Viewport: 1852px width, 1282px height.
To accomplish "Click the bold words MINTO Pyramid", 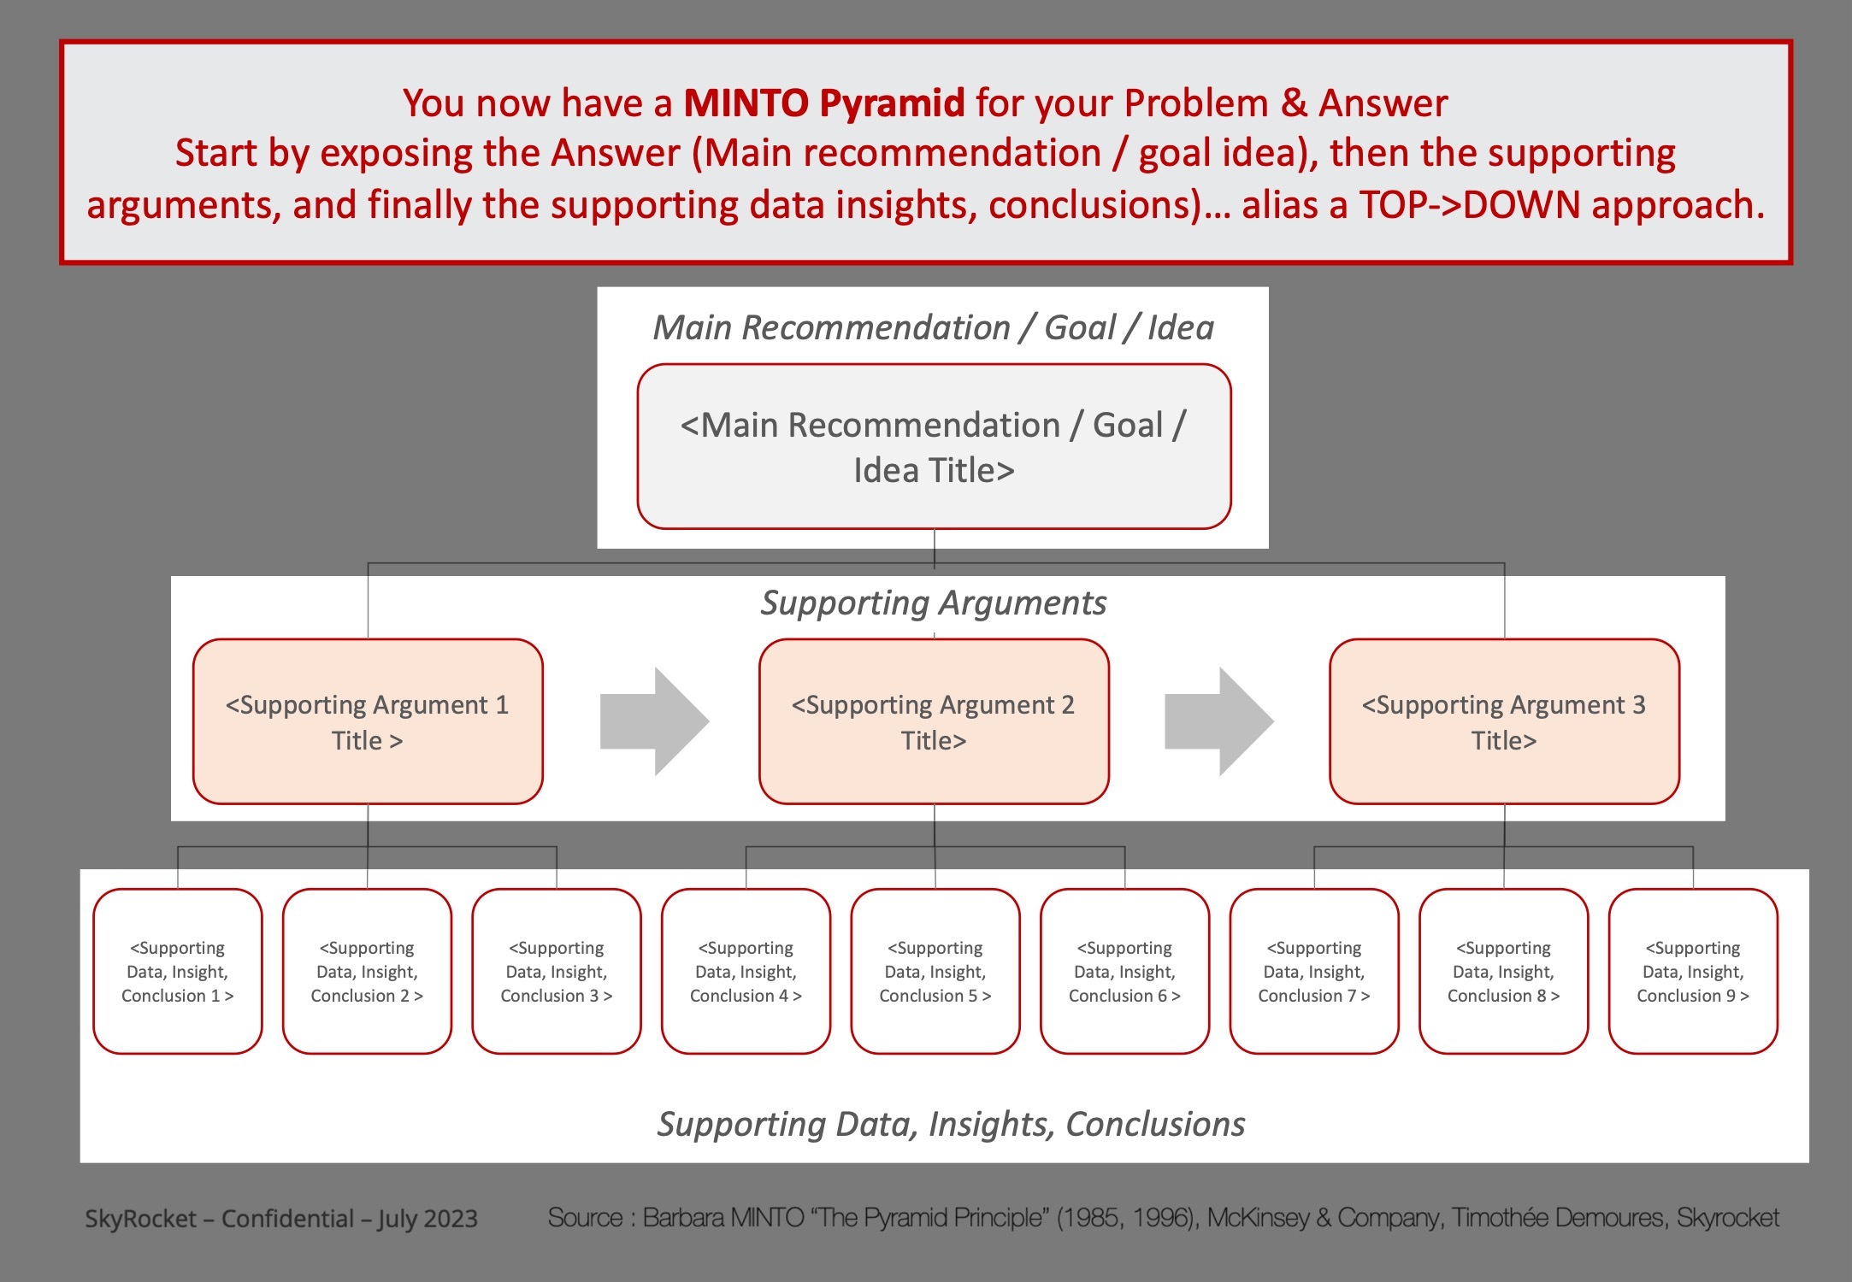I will [824, 103].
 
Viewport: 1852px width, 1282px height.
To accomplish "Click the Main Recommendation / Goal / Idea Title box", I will [934, 447].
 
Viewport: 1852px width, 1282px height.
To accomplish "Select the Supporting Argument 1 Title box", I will [368, 721].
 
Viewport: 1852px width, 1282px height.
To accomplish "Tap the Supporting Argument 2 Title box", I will [934, 721].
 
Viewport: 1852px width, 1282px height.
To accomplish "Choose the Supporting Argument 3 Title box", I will [1504, 721].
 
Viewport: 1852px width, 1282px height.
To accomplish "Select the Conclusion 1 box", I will [178, 971].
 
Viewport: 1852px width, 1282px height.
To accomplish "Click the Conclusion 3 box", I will [557, 971].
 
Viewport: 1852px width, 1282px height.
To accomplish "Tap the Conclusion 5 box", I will [935, 971].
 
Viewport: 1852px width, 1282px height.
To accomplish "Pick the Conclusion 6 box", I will [1124, 971].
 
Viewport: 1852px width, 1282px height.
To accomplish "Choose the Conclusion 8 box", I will [1503, 971].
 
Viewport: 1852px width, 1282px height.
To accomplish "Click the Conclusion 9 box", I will [1693, 971].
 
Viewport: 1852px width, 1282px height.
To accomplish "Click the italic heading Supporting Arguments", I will [934, 603].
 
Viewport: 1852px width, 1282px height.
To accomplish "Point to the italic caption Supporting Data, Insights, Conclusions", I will [951, 1124].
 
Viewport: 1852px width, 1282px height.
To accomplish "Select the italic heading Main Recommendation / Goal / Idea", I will [934, 328].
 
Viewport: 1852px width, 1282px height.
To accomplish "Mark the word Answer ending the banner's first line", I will [1383, 103].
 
